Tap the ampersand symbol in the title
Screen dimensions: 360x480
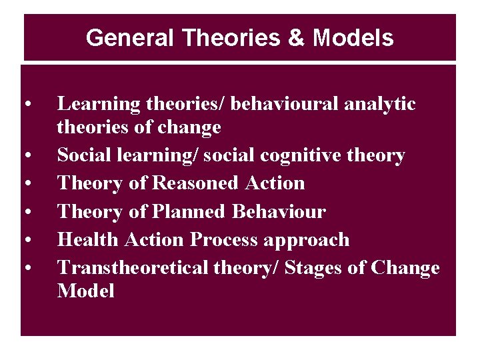coord(295,38)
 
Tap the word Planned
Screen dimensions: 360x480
coord(189,212)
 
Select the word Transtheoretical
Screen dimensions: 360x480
coord(133,267)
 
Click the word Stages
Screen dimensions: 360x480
coord(319,269)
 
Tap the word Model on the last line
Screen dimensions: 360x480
coord(86,291)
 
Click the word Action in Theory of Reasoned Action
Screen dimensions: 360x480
coord(275,183)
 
